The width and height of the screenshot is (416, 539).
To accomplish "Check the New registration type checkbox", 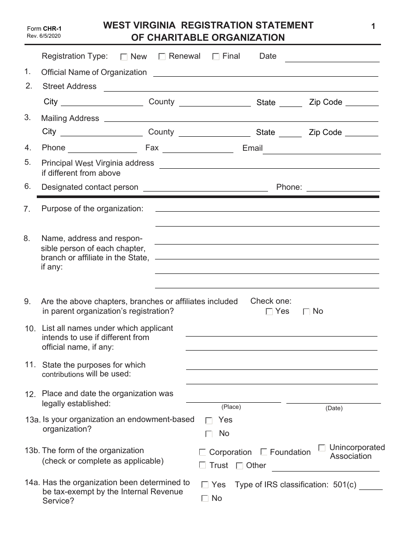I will pyautogui.click(x=124, y=57).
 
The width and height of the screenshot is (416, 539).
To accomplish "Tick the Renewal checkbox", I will pyautogui.click(x=162, y=56).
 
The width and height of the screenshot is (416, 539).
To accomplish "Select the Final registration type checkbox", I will pyautogui.click(x=215, y=56).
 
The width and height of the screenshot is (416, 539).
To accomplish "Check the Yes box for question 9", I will pyautogui.click(x=269, y=312).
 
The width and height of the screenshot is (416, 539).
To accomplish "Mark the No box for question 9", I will pyautogui.click(x=307, y=312).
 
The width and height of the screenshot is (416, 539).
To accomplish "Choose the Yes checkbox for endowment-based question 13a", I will pyautogui.click(x=209, y=421).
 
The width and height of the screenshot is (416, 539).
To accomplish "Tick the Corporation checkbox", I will pyautogui.click(x=202, y=452).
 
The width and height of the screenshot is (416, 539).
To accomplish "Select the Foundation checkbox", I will pyautogui.click(x=264, y=452).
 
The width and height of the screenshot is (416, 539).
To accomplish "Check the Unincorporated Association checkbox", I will pyautogui.click(x=322, y=448).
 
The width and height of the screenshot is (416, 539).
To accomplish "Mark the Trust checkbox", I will pyautogui.click(x=202, y=465).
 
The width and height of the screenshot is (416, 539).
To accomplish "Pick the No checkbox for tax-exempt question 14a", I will pyautogui.click(x=204, y=498).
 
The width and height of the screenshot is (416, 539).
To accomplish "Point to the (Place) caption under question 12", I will pyautogui.click(x=231, y=407).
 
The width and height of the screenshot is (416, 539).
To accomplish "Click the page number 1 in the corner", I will pyautogui.click(x=373, y=27).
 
